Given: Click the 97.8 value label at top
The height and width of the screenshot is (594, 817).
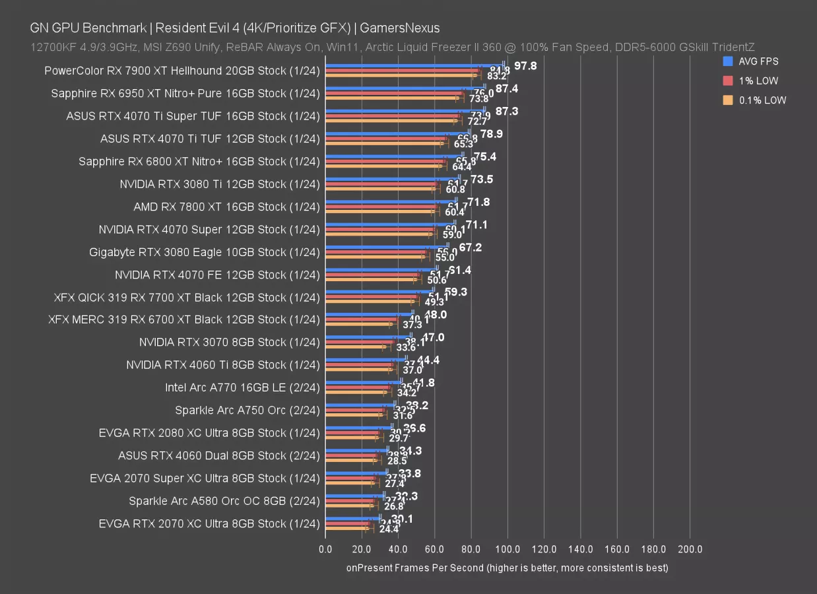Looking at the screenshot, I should pos(525,66).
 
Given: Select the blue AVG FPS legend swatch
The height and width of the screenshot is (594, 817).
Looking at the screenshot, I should pos(729,61).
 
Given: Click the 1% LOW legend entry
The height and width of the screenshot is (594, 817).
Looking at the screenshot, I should pos(759,81).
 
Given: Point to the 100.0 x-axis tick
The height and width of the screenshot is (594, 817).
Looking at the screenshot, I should pos(507,549).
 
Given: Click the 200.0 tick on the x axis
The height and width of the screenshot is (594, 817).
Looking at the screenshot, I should pos(690,549).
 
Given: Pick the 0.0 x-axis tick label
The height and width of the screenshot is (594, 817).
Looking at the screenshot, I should pos(325,549).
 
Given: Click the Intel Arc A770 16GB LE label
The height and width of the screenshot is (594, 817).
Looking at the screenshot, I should pos(242,387).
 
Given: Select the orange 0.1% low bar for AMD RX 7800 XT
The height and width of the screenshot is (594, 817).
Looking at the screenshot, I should pos(379,212).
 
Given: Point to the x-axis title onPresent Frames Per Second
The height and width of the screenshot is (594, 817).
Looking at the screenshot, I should pos(507,568).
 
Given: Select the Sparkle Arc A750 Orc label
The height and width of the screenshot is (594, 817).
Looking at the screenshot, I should pos(247,411).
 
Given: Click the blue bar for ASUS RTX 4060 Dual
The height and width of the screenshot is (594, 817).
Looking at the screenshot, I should pos(356,449).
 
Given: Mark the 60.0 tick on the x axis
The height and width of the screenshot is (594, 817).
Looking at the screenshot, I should pos(434,549).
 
